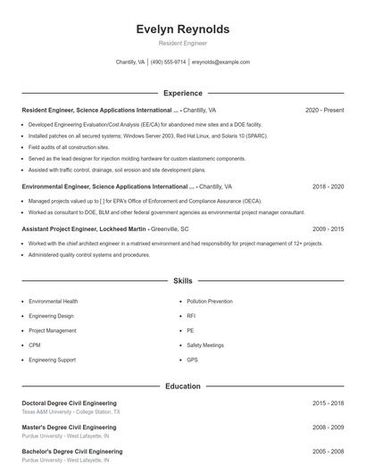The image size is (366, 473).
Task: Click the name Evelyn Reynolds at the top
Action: [183, 29]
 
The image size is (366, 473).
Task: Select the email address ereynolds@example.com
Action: [220, 62]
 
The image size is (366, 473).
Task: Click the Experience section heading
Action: [183, 93]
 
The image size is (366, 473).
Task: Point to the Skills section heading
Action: [183, 280]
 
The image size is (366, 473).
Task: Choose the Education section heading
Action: [183, 386]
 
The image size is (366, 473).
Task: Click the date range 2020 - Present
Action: [324, 110]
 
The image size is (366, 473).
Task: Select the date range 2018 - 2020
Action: [328, 187]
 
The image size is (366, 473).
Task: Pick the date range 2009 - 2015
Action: [328, 228]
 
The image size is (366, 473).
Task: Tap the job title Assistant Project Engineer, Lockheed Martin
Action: [84, 228]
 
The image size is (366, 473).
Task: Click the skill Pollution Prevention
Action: [209, 302]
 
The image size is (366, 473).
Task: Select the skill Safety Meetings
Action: [205, 344]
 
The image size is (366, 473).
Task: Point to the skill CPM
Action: [34, 344]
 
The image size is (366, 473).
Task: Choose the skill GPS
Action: [192, 360]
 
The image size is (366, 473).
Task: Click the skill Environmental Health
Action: [53, 302]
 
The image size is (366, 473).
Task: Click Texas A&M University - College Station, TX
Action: [71, 412]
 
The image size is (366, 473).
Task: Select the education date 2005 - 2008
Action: [328, 452]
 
